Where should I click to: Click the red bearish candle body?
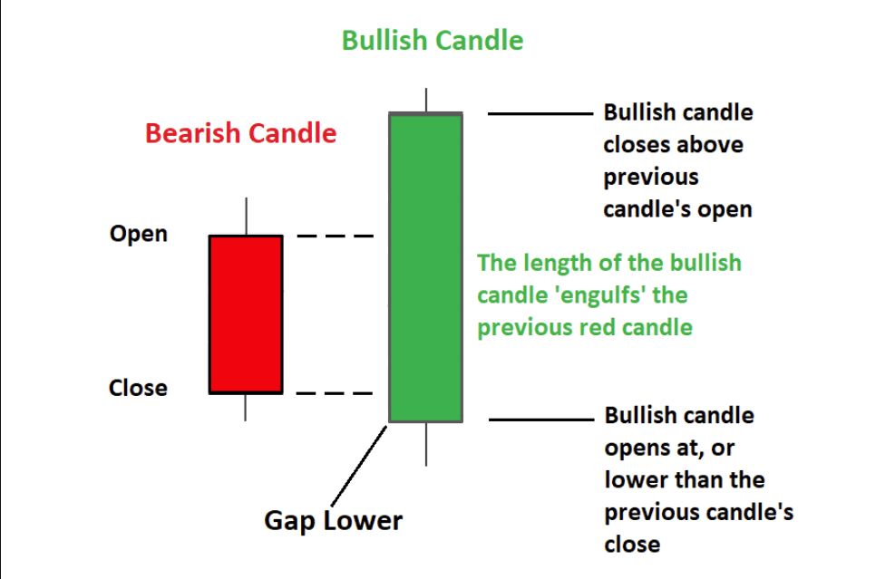click(x=246, y=314)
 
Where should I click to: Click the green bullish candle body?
click(x=425, y=267)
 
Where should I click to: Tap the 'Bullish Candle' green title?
click(x=432, y=41)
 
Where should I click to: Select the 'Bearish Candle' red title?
click(x=240, y=134)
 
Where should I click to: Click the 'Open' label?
click(x=139, y=234)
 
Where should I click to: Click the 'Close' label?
click(x=138, y=388)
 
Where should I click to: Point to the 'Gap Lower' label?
click(x=333, y=521)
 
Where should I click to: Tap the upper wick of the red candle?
click(x=246, y=217)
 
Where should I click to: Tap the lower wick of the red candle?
click(x=246, y=407)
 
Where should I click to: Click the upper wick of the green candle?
click(x=425, y=100)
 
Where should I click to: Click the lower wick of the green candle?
click(x=425, y=444)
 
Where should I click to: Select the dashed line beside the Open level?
click(x=336, y=236)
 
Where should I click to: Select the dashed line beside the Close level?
click(x=336, y=393)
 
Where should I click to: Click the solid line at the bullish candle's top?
click(x=540, y=114)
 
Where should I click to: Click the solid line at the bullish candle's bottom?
click(x=540, y=420)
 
